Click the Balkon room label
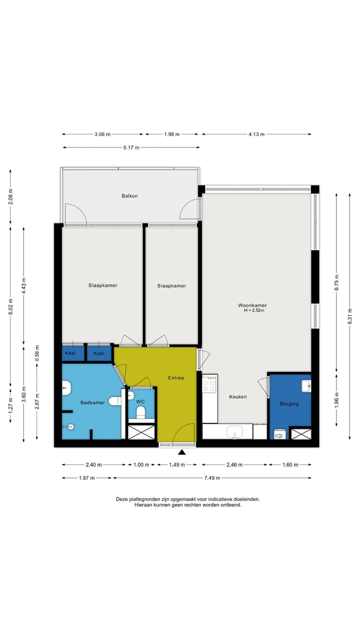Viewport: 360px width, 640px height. click(129, 196)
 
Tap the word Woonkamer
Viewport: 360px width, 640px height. click(252, 305)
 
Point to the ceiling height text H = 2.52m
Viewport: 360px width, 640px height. click(253, 310)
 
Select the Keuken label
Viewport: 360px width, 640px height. click(238, 397)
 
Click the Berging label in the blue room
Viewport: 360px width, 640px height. click(289, 403)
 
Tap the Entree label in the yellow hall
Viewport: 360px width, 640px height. click(175, 378)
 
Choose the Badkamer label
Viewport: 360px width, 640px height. click(92, 402)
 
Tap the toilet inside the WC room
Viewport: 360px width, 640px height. click(140, 412)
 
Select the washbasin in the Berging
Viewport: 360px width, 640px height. click(306, 385)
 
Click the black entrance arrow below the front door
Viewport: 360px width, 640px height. click(182, 452)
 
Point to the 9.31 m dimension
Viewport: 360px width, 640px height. click(349, 308)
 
